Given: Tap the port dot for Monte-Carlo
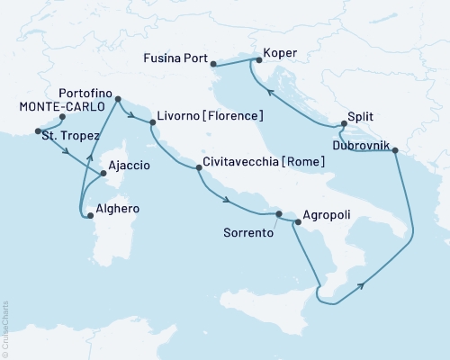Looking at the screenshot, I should pos(62,117).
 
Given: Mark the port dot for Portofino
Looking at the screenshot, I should pos(117,106).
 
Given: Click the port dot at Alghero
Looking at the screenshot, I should pos(90,214).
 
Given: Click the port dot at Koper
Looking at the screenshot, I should pos(258,61).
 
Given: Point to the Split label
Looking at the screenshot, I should pos(360,116).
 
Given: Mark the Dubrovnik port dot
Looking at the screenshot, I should pos(393,152).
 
